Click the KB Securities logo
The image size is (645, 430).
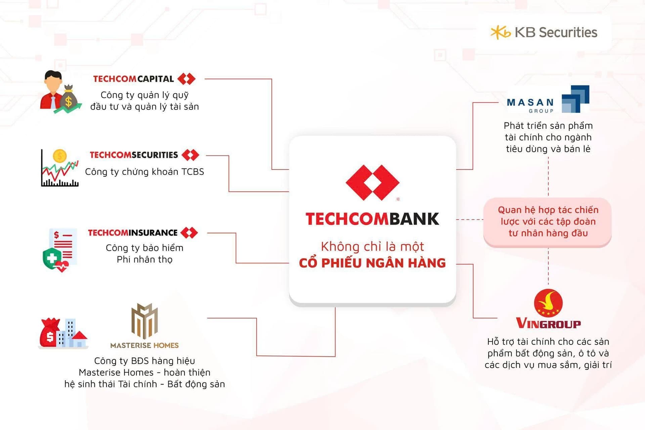tap(544, 33)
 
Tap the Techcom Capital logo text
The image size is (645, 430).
tap(133, 79)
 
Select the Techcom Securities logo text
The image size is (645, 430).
tap(134, 155)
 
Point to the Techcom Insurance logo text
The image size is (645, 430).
tap(133, 233)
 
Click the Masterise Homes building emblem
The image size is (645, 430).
tap(144, 321)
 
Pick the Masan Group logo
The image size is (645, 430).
tap(548, 99)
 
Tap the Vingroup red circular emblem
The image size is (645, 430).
tap(548, 303)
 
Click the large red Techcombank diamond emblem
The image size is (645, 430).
tap(373, 182)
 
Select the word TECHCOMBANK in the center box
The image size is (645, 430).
tap(372, 219)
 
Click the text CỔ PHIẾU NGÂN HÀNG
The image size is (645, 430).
tap(372, 263)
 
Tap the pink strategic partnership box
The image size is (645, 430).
tap(548, 222)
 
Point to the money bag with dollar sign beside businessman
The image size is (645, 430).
tap(69, 97)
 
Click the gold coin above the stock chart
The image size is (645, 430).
tap(60, 156)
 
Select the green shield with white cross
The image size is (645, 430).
tap(52, 258)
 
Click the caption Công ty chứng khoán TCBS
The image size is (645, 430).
tap(144, 172)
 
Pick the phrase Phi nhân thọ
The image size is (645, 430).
tap(144, 259)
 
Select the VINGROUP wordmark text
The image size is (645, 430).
tap(548, 323)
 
